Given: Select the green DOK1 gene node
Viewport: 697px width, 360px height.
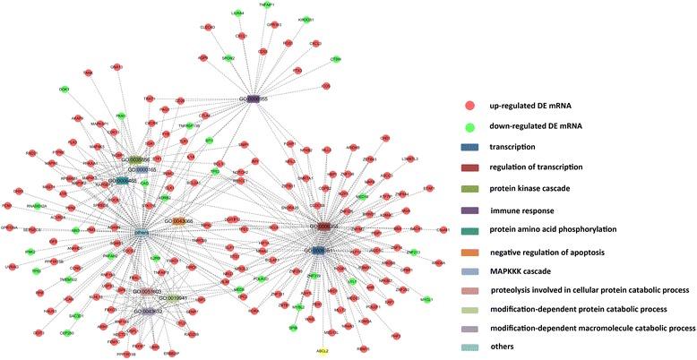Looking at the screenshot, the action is (x=64, y=90).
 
